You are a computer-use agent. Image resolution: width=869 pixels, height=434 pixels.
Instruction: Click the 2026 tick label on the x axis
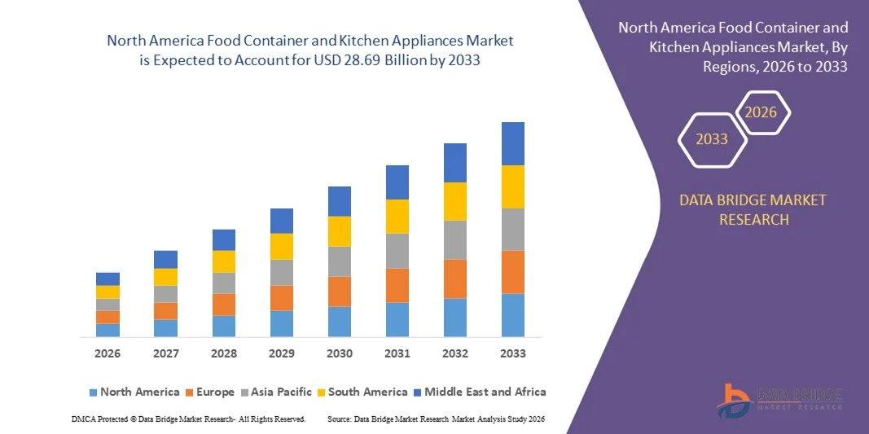click(108, 353)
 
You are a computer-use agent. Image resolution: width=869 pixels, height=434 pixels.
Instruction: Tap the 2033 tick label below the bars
click(513, 353)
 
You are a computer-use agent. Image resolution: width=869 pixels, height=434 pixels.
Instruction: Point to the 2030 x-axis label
click(340, 353)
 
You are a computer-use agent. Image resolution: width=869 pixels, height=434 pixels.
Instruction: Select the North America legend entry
click(134, 392)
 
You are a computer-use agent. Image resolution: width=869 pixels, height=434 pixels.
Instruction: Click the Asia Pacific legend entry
click(275, 392)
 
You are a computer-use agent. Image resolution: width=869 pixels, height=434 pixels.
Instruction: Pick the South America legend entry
click(362, 392)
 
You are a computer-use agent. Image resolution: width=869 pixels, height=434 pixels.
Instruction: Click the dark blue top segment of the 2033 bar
click(513, 143)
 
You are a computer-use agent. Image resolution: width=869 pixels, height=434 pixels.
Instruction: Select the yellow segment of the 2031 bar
click(397, 217)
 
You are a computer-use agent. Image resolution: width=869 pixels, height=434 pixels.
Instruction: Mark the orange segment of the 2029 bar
click(282, 298)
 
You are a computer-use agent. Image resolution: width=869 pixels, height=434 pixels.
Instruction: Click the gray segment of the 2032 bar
click(455, 239)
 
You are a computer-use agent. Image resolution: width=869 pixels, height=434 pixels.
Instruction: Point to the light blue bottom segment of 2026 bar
click(108, 330)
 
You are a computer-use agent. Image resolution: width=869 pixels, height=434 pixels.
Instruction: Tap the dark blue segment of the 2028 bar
click(224, 239)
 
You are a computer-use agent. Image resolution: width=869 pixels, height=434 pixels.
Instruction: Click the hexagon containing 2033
click(712, 139)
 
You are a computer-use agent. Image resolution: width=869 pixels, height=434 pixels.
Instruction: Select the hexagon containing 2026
click(761, 112)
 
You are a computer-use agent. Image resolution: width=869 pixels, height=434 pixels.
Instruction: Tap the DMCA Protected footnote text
click(188, 419)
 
